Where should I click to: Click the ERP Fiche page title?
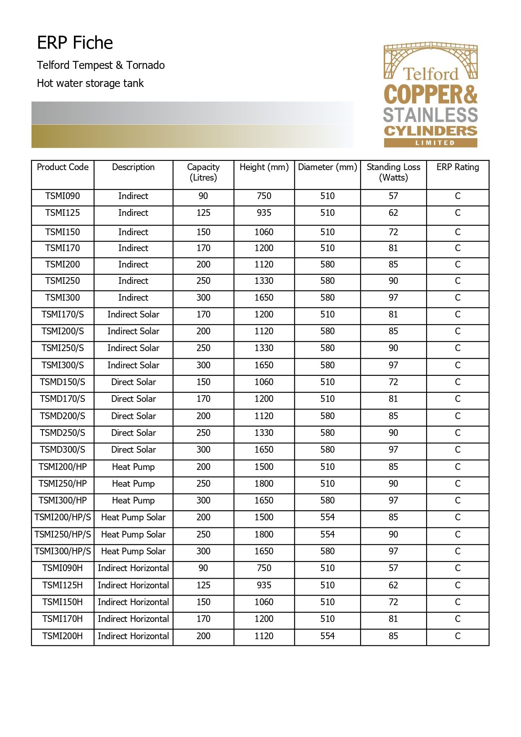75,43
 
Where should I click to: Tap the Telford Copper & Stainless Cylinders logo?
431,94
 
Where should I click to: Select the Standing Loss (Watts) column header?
393,172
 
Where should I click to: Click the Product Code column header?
63,167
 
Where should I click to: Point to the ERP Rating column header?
458,167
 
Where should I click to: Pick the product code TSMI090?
63,196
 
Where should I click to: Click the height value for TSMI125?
264,213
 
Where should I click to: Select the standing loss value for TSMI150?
393,232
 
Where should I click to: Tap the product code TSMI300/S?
63,365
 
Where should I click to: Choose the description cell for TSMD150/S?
134,382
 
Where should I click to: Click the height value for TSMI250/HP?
264,484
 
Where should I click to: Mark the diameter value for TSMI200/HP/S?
327,517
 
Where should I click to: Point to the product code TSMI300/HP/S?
63,551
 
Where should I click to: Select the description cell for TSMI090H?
134,568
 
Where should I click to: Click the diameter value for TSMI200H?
327,636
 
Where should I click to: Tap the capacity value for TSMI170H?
204,619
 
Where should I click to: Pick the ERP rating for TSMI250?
458,281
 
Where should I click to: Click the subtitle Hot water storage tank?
90,84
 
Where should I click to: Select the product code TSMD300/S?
63,450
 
